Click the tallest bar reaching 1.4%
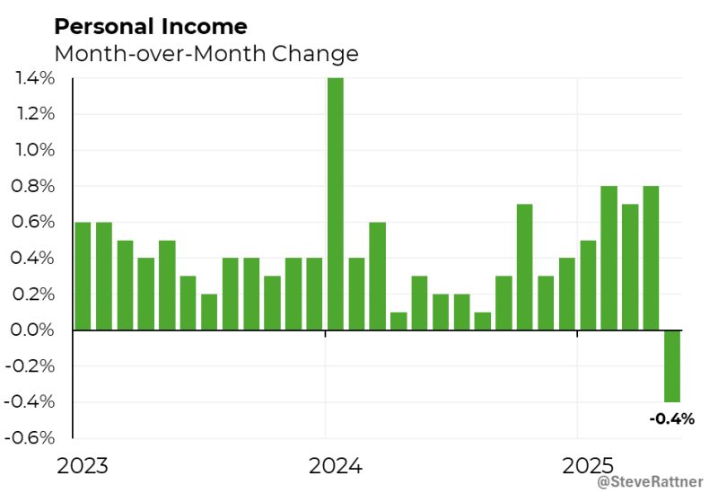[336, 204]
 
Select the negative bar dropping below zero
[671, 366]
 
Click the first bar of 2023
[83, 276]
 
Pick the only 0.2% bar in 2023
[209, 312]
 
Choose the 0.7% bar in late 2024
[525, 267]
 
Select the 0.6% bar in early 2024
[377, 276]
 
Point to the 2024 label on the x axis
[335, 466]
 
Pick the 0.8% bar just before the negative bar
[651, 258]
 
